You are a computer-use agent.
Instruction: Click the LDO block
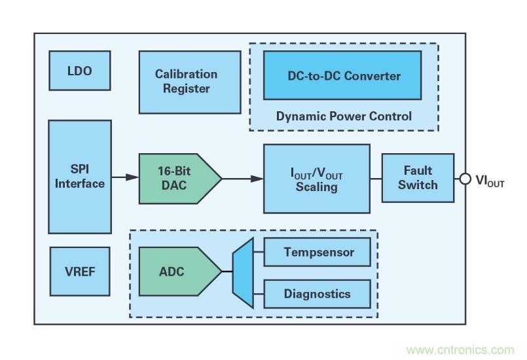click(80, 71)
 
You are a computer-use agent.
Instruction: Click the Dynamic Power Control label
click(344, 117)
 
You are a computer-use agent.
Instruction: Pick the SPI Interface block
click(80, 177)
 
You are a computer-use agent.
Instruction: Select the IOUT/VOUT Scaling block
click(316, 178)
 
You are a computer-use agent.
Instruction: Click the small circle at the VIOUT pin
click(465, 178)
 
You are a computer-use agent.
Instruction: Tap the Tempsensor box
click(318, 252)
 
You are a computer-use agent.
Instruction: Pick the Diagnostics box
click(318, 293)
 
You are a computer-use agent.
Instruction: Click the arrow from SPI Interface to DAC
click(124, 177)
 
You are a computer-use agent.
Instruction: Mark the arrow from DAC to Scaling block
click(242, 177)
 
